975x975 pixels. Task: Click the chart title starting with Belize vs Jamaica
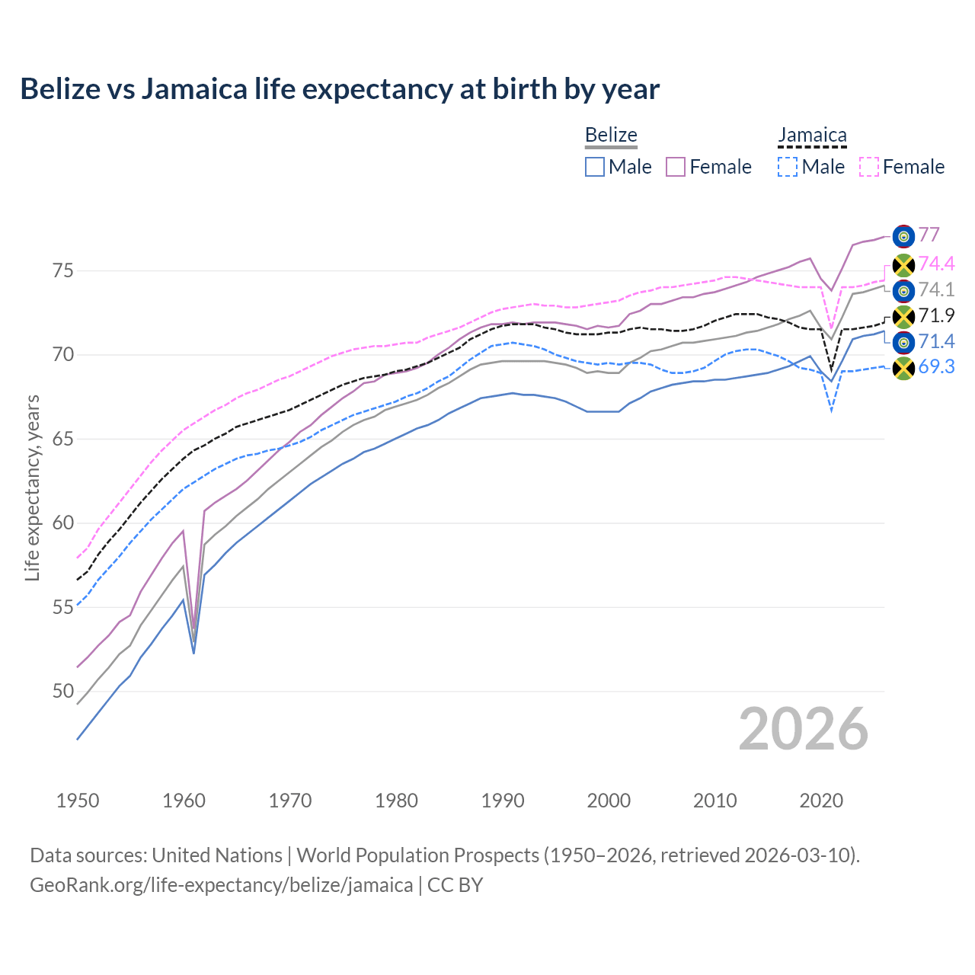pyautogui.click(x=340, y=89)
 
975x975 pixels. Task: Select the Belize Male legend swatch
pyautogui.click(x=595, y=167)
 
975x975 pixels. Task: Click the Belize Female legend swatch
pyautogui.click(x=676, y=167)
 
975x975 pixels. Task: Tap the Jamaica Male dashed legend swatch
pyautogui.click(x=788, y=167)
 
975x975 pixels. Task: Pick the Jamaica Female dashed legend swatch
pyautogui.click(x=869, y=167)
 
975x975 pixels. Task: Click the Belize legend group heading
pyautogui.click(x=611, y=136)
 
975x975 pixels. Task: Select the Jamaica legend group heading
pyautogui.click(x=812, y=136)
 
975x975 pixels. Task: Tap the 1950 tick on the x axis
pyautogui.click(x=78, y=801)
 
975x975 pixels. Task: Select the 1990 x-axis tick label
pyautogui.click(x=503, y=801)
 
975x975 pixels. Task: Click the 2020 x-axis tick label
pyautogui.click(x=821, y=801)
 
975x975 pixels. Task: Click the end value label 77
pyautogui.click(x=929, y=235)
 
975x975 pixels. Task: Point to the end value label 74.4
pyautogui.click(x=936, y=264)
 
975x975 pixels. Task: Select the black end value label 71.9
pyautogui.click(x=936, y=315)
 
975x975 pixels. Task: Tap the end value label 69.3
pyautogui.click(x=936, y=367)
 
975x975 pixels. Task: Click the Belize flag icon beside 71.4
pyautogui.click(x=903, y=342)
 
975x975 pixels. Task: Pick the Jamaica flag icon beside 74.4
pyautogui.click(x=903, y=265)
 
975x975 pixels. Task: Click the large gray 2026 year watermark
pyautogui.click(x=804, y=729)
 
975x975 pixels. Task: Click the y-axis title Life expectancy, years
pyautogui.click(x=33, y=487)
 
